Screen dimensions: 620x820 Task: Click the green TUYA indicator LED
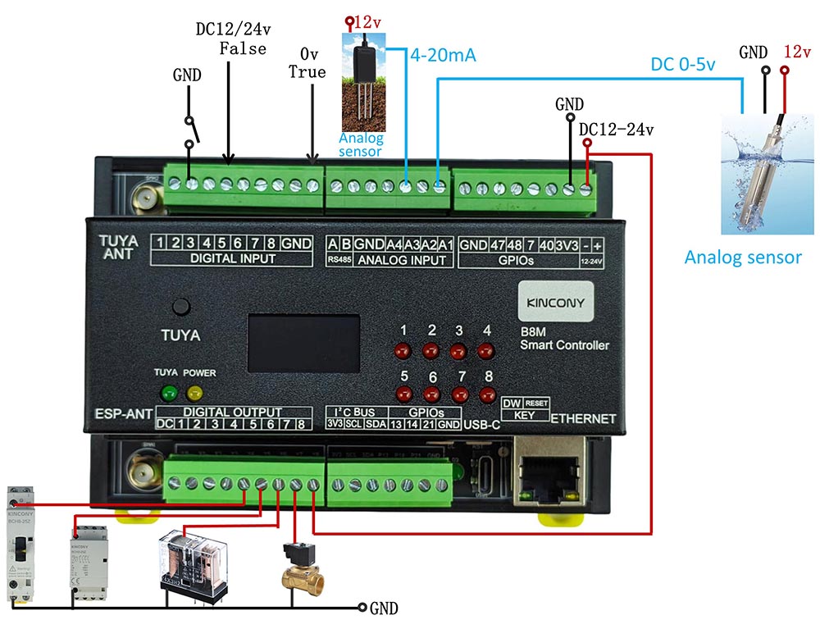pos(170,392)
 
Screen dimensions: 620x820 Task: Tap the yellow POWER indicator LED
pos(195,392)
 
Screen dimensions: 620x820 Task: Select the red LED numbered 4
pos(486,353)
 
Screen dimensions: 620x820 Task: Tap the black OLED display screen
pos(304,345)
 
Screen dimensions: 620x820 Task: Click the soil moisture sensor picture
pos(362,86)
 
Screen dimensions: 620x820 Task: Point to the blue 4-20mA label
pos(444,57)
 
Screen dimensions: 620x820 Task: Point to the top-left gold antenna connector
pos(146,198)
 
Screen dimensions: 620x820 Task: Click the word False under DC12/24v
pos(242,48)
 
